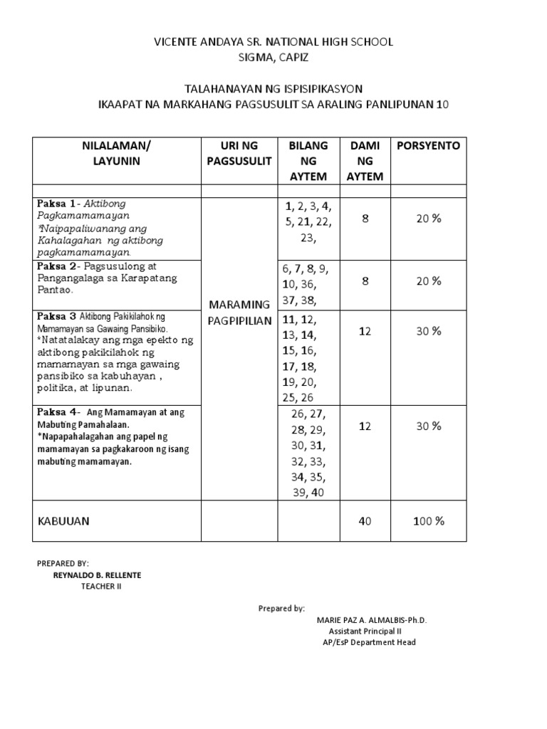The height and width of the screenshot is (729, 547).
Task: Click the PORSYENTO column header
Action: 428,146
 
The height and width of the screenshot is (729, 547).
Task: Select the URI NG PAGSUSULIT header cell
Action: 239,153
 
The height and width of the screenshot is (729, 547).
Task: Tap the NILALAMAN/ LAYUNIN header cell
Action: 118,153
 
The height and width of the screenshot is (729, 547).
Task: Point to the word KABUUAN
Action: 64,521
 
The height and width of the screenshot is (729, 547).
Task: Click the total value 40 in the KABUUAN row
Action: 365,521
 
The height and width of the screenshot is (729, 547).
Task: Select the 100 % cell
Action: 429,521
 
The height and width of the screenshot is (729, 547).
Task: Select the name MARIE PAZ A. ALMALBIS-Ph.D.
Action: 372,620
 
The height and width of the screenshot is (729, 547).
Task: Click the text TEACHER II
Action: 100,586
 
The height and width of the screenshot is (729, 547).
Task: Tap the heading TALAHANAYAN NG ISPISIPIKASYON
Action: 273,89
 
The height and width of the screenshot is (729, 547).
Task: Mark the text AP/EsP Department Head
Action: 369,643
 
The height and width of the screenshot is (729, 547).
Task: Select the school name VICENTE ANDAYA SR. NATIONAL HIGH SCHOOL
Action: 273,42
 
